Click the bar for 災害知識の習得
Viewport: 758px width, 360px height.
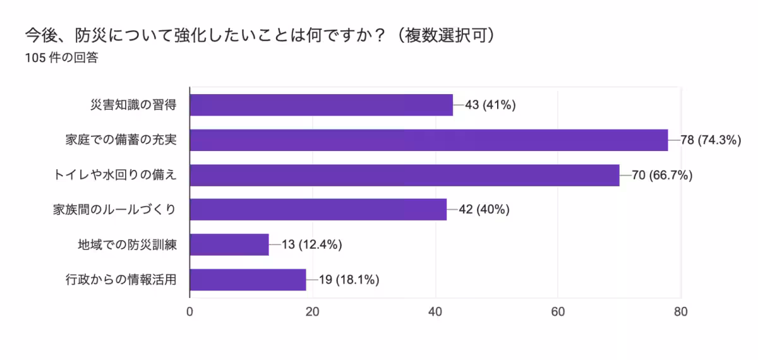point(321,105)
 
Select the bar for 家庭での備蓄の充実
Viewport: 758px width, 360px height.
point(428,140)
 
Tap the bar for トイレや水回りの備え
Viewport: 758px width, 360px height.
point(404,175)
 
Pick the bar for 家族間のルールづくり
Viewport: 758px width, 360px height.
point(318,210)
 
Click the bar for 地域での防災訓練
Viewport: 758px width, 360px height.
point(229,244)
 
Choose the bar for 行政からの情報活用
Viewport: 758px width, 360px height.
point(248,280)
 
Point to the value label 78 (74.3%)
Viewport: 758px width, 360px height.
point(711,140)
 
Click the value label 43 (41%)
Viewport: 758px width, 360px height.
point(490,105)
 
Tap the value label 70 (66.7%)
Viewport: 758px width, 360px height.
point(662,175)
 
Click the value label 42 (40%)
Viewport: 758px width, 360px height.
point(484,210)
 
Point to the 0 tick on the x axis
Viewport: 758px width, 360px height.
point(190,311)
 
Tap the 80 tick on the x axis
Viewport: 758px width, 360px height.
point(681,311)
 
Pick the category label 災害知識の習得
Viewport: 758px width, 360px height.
point(133,105)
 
